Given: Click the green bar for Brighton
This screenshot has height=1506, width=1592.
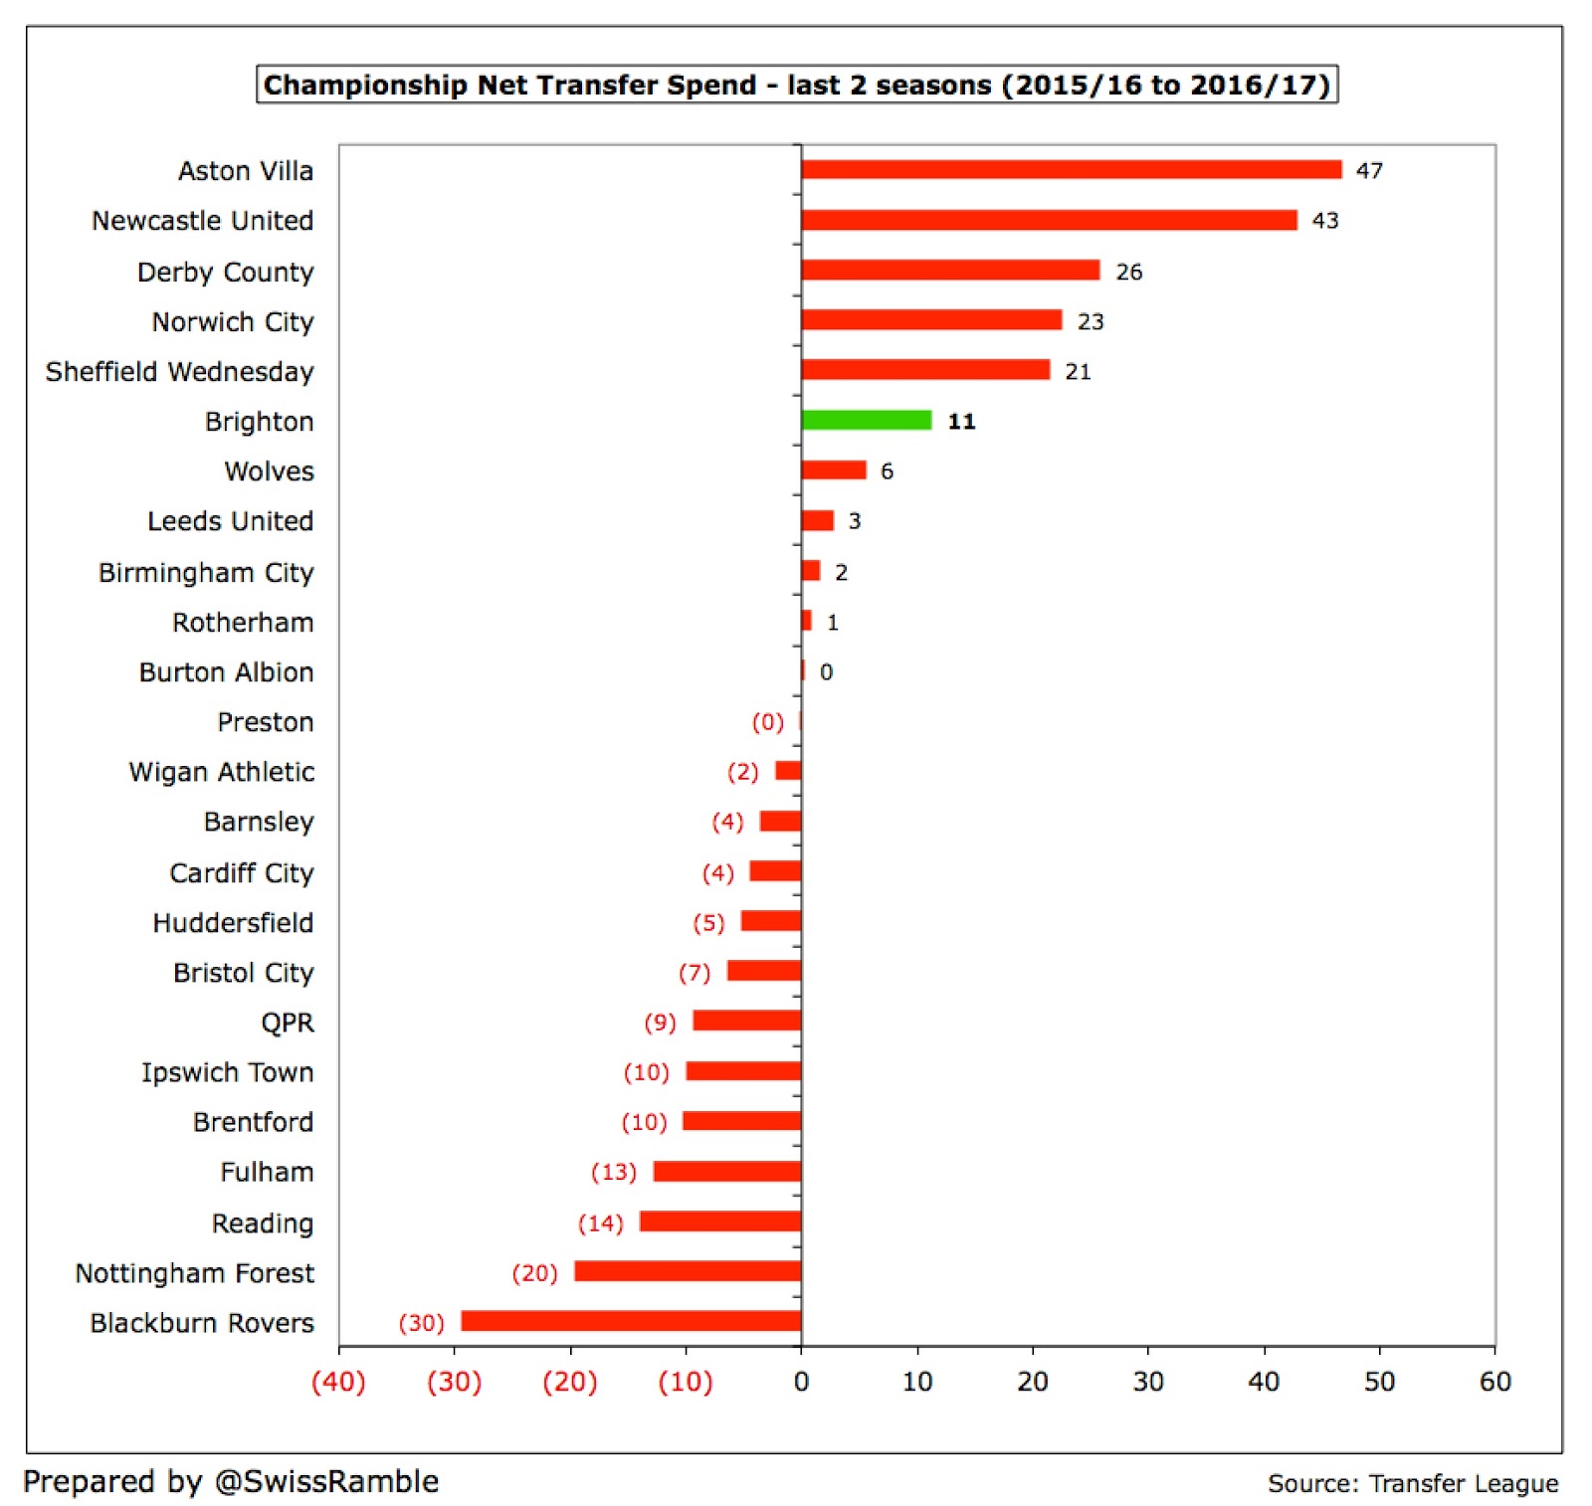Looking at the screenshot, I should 867,420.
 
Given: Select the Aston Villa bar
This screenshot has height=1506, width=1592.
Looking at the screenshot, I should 1071,170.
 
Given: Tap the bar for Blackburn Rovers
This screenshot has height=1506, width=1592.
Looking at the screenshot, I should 631,1321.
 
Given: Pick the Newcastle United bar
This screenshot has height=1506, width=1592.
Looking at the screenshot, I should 1049,220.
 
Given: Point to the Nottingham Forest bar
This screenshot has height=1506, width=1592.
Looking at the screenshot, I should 688,1271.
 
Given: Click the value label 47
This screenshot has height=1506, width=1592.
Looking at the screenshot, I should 1369,171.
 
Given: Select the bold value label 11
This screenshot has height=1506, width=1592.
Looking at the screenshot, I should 961,422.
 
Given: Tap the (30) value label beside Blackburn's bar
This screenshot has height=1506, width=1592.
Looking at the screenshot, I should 421,1323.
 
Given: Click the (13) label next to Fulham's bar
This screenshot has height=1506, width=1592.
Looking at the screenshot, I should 613,1172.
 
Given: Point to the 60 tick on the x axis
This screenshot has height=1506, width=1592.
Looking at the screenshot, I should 1494,1382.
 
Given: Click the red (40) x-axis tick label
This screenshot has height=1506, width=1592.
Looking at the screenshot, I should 338,1382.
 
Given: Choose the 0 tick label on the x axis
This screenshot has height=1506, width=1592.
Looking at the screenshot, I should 801,1382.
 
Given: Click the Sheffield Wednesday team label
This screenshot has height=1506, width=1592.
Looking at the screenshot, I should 180,372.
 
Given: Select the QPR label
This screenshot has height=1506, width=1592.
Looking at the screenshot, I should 288,1023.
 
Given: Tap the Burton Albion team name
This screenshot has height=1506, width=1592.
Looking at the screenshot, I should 226,672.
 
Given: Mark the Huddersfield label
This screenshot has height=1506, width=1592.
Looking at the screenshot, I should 233,923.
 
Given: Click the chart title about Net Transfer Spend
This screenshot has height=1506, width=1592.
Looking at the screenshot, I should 796,85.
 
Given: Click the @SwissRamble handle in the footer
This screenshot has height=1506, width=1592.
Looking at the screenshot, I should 326,1482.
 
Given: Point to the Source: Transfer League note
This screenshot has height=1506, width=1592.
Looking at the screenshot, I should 1412,1484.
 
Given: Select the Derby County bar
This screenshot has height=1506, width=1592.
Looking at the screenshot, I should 950,271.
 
